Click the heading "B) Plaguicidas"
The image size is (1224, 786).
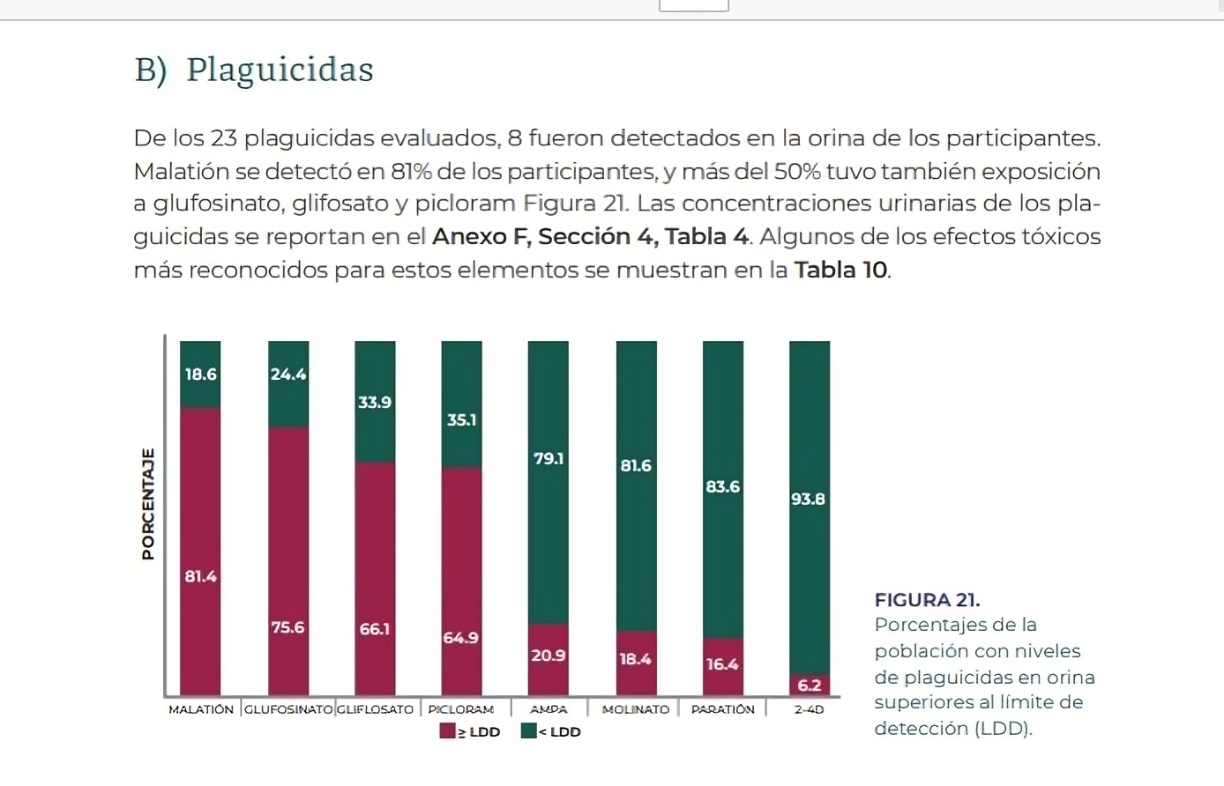tap(254, 70)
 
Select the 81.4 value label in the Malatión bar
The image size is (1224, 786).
tap(200, 576)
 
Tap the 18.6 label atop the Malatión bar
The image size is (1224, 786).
tap(200, 374)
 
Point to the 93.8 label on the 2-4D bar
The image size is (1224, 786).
tap(808, 499)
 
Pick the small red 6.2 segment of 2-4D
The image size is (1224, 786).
tap(809, 685)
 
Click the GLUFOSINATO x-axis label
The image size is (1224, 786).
tap(288, 709)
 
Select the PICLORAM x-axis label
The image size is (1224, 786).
tap(461, 709)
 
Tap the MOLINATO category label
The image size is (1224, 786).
tap(636, 709)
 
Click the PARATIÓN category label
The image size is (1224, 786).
tap(722, 709)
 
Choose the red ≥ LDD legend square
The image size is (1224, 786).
tap(448, 731)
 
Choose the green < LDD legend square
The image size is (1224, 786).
tap(529, 731)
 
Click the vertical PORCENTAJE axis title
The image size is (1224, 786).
tap(147, 503)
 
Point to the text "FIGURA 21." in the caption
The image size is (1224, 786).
tap(927, 600)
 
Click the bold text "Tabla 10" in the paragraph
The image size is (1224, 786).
tap(841, 270)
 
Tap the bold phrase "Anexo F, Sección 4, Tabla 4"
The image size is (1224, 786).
tap(590, 237)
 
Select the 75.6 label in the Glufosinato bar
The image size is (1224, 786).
tap(287, 627)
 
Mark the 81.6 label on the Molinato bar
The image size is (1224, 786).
tap(636, 465)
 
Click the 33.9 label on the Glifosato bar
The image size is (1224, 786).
tap(375, 403)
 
